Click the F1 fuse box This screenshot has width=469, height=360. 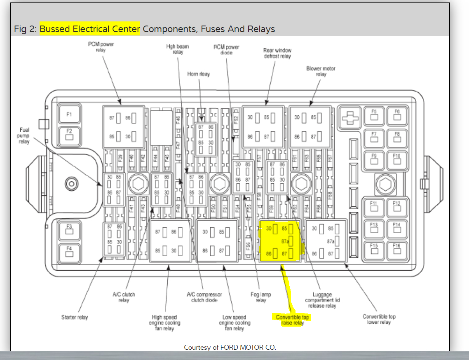(x=69, y=114)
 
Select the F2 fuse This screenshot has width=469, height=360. (x=69, y=134)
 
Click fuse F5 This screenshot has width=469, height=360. (x=374, y=115)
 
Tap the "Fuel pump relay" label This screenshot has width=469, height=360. (x=24, y=136)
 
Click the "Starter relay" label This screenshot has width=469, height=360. (x=75, y=317)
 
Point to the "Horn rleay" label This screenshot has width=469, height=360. (x=199, y=74)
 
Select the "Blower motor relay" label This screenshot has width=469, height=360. (x=321, y=71)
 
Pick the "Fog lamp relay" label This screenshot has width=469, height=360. (x=261, y=297)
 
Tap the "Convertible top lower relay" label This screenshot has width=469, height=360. (x=379, y=319)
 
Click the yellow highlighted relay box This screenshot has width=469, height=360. (x=281, y=241)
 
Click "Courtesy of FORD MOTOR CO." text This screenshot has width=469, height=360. (x=230, y=347)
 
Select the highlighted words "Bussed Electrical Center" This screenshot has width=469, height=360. (x=90, y=29)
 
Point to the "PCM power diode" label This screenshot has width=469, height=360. (x=226, y=50)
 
